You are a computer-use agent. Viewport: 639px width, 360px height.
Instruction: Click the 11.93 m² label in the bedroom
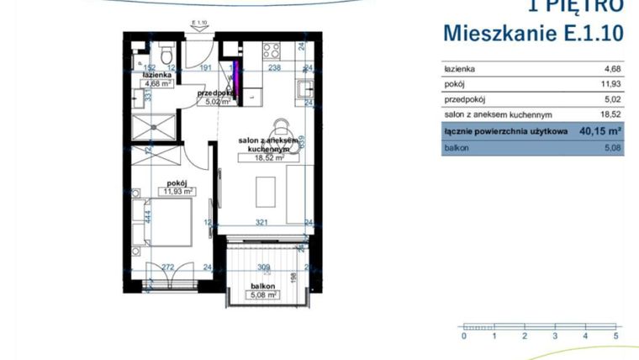[x=177, y=191]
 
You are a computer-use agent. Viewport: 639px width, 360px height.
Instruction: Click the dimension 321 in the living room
[x=262, y=223]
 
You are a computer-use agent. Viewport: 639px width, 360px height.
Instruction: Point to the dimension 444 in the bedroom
[x=148, y=217]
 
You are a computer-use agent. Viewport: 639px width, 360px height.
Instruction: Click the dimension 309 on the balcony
[x=262, y=268]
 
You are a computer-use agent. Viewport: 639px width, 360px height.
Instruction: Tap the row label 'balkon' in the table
[x=458, y=148]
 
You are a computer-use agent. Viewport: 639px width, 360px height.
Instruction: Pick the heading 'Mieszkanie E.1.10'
[x=533, y=33]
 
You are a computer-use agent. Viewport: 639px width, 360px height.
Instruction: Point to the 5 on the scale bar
[x=616, y=336]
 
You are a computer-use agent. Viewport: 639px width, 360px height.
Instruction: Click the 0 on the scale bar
[x=463, y=336]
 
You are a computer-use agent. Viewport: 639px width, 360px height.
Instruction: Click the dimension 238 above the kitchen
[x=274, y=71]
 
